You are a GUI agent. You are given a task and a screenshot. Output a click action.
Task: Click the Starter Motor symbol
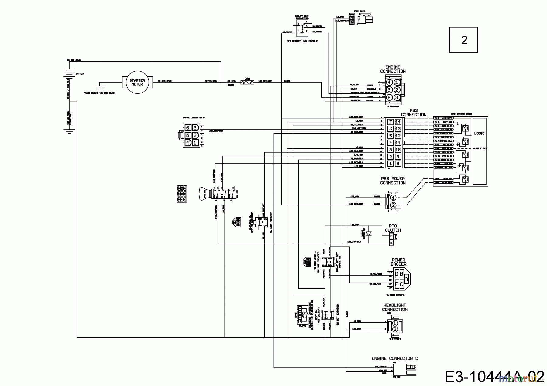point(137,82)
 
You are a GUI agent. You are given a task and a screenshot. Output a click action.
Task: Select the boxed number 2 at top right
point(464,40)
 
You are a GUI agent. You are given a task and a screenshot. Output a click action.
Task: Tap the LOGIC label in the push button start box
point(479,134)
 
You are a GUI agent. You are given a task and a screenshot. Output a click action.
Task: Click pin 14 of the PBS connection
point(398,122)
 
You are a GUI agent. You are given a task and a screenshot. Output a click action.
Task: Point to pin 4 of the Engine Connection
point(389,82)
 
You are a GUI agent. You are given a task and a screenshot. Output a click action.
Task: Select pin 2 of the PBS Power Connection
point(393,205)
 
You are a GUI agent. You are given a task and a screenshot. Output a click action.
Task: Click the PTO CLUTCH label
point(393,228)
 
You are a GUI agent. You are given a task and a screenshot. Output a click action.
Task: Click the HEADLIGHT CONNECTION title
point(394,307)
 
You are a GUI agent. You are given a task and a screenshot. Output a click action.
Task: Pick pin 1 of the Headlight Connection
point(394,323)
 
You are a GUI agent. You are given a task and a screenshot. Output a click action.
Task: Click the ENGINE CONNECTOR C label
point(394,358)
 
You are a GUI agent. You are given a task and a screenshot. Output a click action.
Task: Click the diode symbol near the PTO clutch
point(369,234)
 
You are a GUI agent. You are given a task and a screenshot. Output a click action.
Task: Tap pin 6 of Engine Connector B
point(188,128)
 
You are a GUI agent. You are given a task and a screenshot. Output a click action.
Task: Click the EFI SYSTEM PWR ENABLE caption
point(302,41)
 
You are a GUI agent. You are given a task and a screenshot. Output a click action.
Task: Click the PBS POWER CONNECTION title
point(393,181)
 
